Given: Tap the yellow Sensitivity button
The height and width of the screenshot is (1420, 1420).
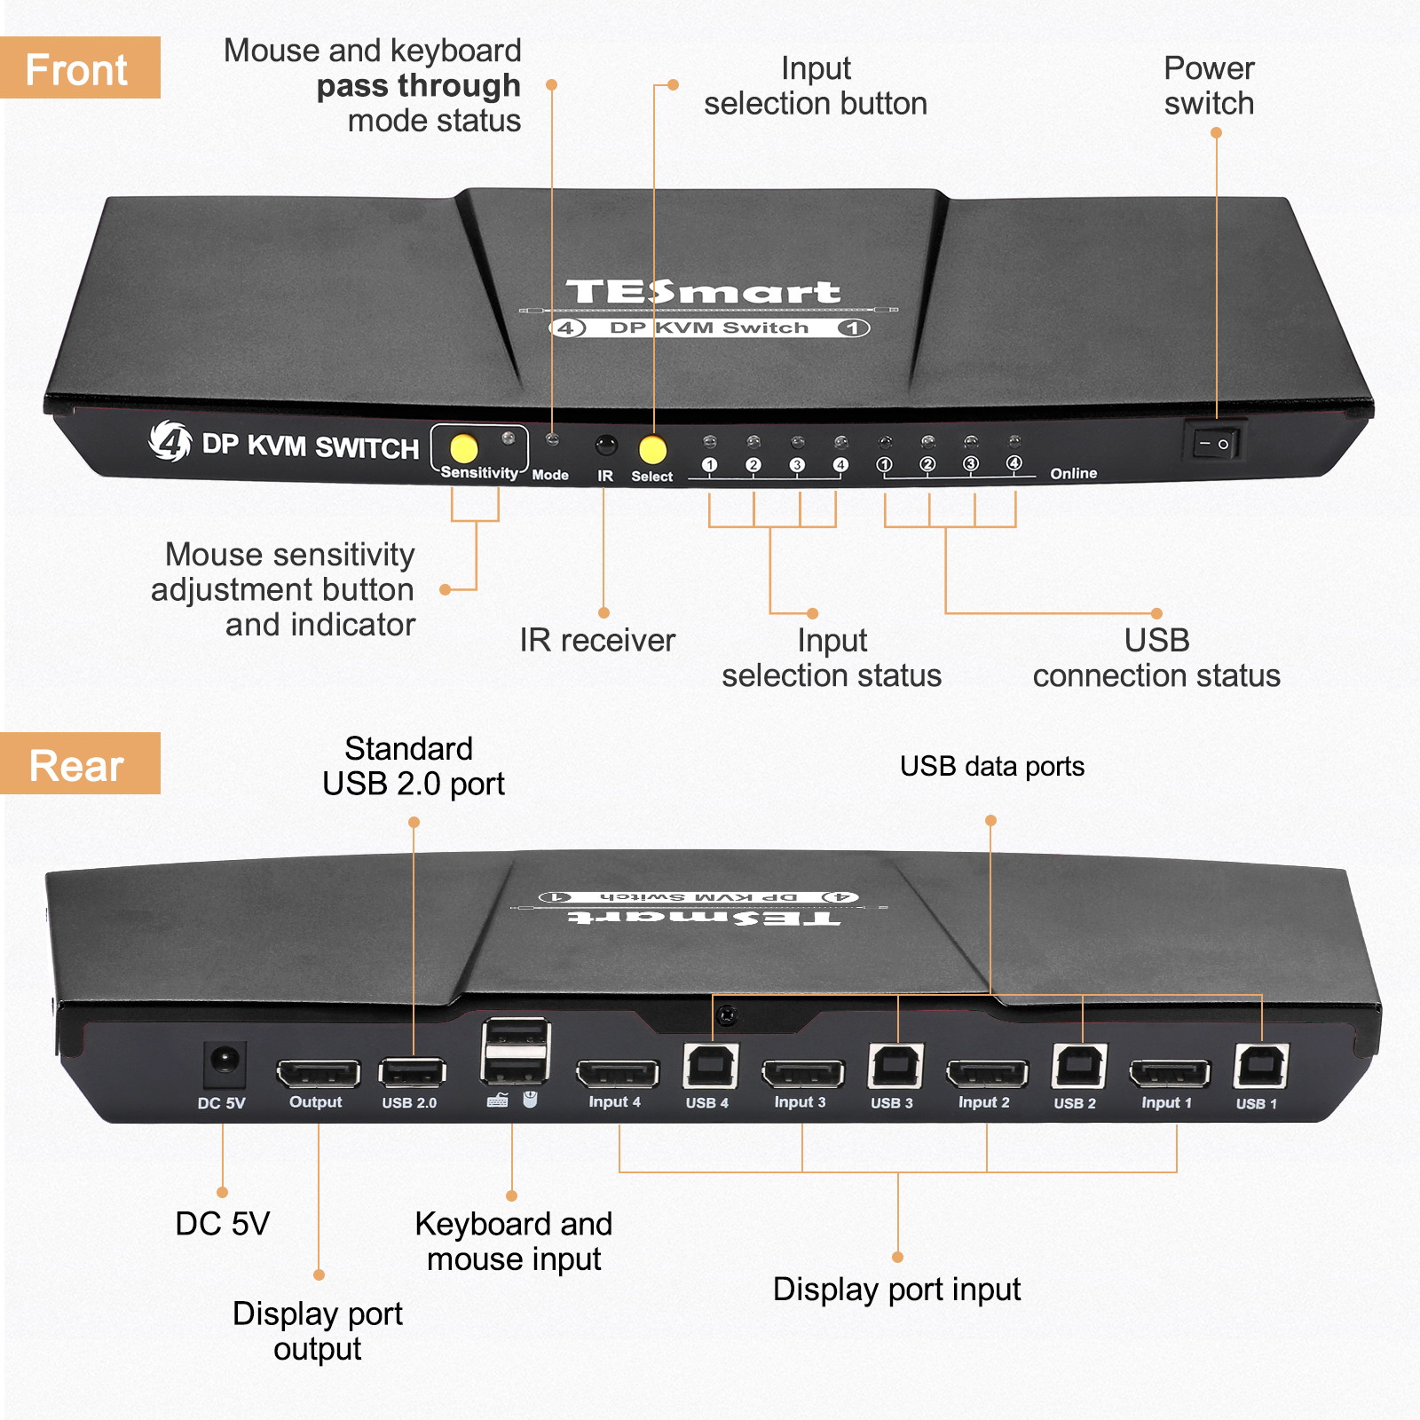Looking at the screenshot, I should click(x=463, y=448).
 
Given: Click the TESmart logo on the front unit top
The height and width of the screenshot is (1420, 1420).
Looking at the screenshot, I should click(x=703, y=291).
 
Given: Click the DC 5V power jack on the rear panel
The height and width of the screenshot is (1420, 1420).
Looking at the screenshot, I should click(x=224, y=1061).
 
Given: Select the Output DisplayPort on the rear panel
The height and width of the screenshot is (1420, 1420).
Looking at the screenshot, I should click(x=318, y=1073).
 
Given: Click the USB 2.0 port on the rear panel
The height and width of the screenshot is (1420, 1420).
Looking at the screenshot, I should click(x=412, y=1072).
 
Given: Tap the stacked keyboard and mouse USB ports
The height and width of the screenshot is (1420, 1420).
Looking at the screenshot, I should click(x=515, y=1051).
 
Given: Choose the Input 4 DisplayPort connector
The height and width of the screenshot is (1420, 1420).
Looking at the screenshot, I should click(x=617, y=1074).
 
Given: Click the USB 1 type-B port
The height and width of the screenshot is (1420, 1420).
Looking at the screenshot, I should click(x=1259, y=1066).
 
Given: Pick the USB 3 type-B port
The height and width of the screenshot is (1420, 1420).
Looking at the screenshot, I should click(x=895, y=1066).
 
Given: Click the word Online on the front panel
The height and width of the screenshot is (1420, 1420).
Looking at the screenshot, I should click(x=1073, y=473).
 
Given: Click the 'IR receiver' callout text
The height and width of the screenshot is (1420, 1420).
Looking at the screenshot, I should click(x=596, y=640).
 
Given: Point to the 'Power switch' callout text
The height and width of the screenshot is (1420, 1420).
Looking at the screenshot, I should click(x=1209, y=85).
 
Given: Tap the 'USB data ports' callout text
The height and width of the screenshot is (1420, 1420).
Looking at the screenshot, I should click(x=991, y=766).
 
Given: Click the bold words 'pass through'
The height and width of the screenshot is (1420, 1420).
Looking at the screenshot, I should click(x=418, y=86).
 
